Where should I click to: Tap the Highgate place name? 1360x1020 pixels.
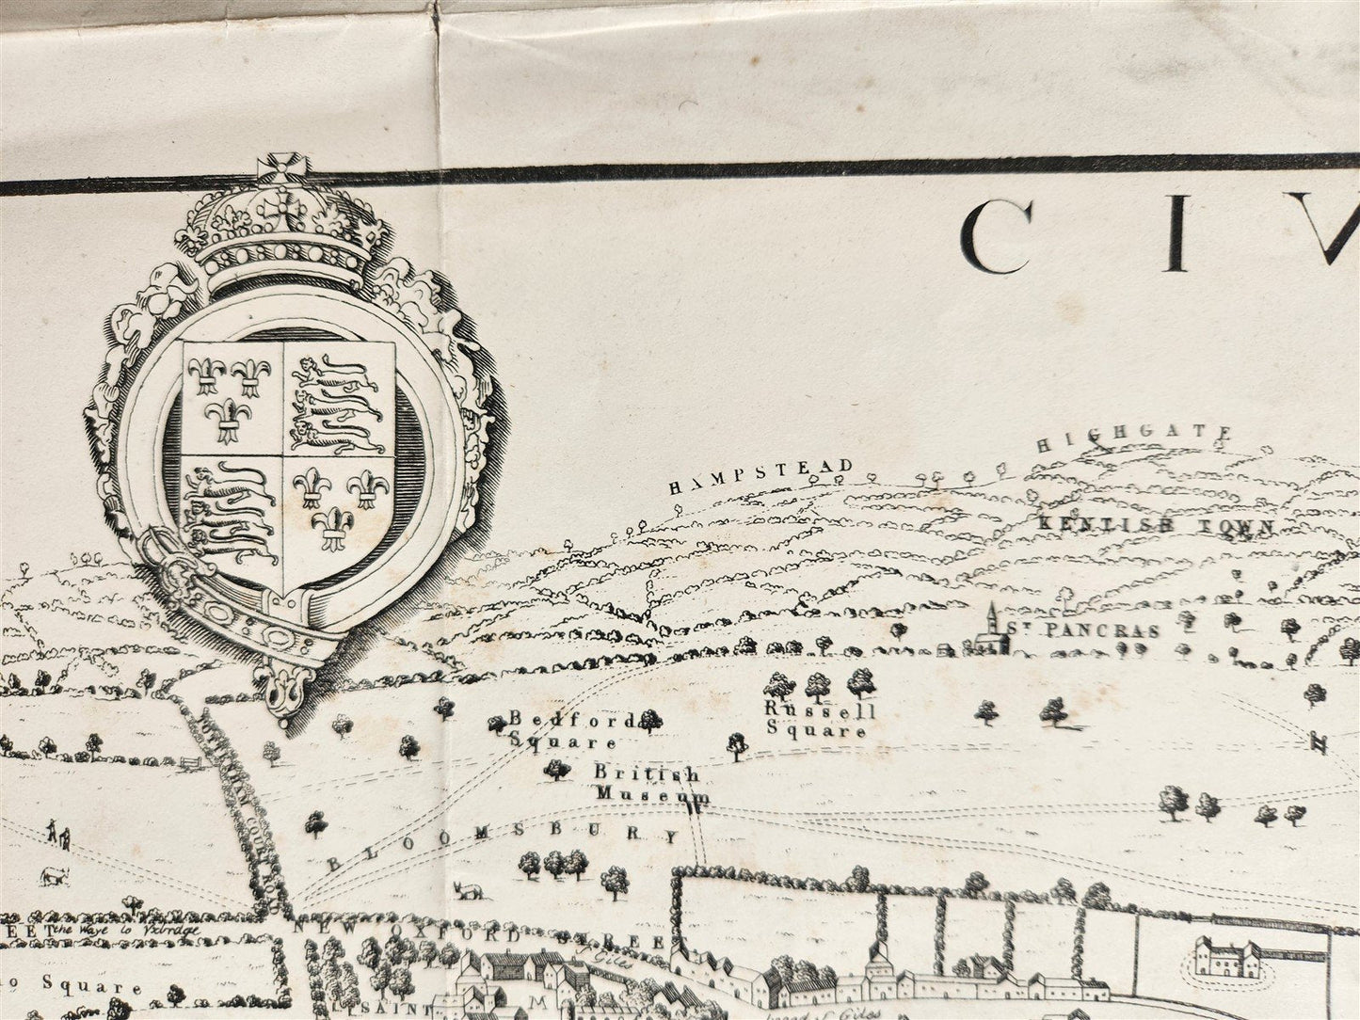click(1134, 438)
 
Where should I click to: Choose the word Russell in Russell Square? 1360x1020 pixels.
click(821, 710)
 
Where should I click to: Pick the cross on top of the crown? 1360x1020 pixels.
click(280, 170)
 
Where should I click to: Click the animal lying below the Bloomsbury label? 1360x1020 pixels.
click(464, 890)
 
